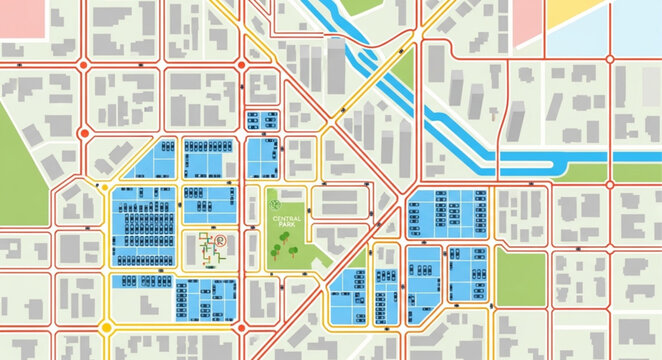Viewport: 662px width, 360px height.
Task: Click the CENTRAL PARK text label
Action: point(287,221)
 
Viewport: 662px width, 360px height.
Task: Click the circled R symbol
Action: point(222,241)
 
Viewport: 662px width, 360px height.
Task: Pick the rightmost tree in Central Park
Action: point(293,250)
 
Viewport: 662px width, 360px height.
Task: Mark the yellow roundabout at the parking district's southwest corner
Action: point(106,326)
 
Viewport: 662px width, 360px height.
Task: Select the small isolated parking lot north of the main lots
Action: point(261,119)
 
